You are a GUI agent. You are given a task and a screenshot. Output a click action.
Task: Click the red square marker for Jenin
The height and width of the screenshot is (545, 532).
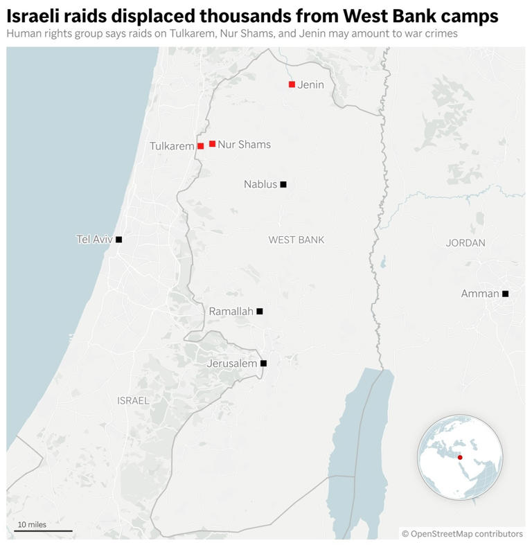coord(292,84)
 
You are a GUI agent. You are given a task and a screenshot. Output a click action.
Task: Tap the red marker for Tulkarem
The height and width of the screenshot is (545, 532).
coord(200,146)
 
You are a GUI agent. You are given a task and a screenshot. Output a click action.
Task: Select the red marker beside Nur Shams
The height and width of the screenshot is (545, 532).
coord(212,144)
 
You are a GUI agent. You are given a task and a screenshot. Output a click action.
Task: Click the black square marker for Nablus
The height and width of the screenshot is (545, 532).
coord(283,184)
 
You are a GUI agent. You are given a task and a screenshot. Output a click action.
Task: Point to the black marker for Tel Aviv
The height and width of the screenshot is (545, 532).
coord(118,240)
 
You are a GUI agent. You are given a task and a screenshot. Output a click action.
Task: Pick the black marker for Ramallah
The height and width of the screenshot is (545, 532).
coord(260,312)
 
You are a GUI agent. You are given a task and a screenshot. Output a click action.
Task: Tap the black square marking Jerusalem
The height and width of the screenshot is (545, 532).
coord(263,363)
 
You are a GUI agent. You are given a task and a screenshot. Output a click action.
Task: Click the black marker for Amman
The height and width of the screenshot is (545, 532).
coord(505,294)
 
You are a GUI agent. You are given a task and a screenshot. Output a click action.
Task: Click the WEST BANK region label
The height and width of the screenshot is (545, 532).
coord(296,240)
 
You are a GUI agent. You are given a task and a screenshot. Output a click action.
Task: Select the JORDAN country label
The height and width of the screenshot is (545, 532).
coord(465,243)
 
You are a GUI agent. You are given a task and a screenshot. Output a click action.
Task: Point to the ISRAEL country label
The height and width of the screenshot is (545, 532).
coord(133,400)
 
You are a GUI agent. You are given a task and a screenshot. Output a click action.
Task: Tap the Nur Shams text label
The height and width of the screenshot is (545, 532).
coord(244,145)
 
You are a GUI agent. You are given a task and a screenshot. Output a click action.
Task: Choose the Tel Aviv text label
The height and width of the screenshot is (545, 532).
coord(94,240)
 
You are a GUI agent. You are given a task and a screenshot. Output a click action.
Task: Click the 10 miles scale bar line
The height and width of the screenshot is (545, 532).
coord(44,531)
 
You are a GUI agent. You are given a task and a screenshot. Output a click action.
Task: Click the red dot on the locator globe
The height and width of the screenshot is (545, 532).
coord(460,458)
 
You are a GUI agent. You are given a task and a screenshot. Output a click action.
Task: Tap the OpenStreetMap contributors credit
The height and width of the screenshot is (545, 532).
coord(462,534)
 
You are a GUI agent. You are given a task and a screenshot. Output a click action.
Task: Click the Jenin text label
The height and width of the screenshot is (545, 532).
coord(310,84)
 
